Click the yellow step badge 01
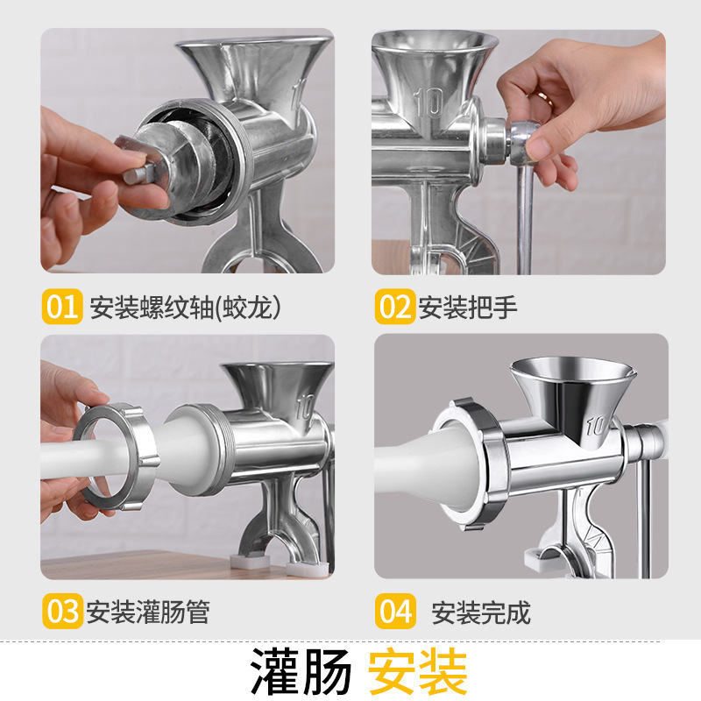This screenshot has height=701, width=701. (62, 308)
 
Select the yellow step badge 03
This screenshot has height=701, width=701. (62, 611)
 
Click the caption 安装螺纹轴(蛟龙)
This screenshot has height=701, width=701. (189, 308)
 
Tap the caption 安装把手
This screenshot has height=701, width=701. (468, 308)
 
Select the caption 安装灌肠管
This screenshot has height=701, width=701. (148, 612)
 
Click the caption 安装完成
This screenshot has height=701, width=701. (481, 612)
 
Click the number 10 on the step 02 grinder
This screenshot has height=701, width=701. (430, 103)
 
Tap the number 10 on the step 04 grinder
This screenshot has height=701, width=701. (596, 426)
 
